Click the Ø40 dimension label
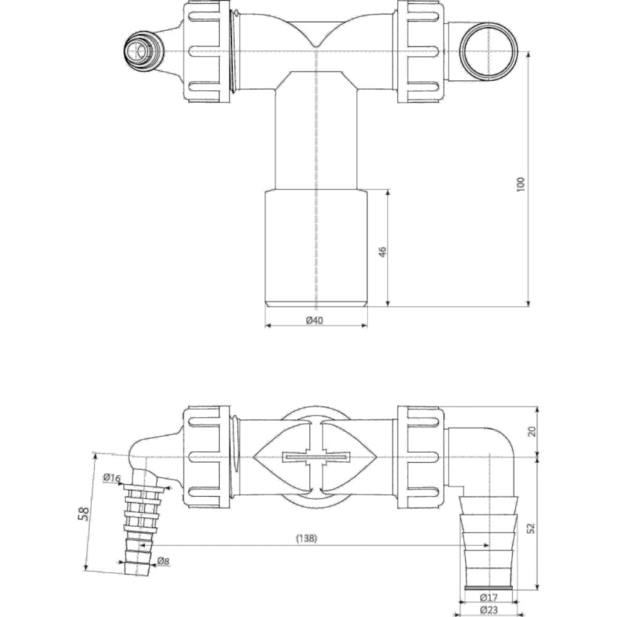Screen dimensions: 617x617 pyautogui.click(x=315, y=320)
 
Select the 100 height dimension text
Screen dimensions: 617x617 pyautogui.click(x=521, y=184)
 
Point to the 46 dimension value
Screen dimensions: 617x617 pyautogui.click(x=383, y=252)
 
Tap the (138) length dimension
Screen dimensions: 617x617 pyautogui.click(x=307, y=538)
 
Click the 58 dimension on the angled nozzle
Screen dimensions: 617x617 pyautogui.click(x=84, y=514)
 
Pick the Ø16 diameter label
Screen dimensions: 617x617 pyautogui.click(x=112, y=478)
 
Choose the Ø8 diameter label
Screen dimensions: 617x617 pyautogui.click(x=163, y=561)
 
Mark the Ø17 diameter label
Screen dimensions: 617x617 pyautogui.click(x=488, y=598)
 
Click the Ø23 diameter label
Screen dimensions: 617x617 pyautogui.click(x=489, y=610)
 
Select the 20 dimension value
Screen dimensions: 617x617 pyautogui.click(x=532, y=431)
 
